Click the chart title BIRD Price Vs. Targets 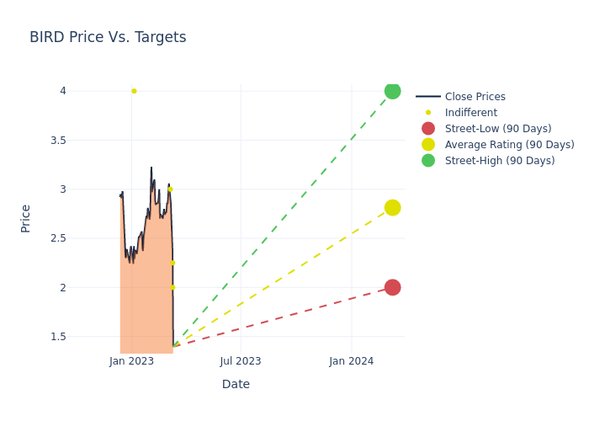pos(108,38)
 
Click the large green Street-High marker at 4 pos(392,91)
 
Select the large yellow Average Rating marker pos(392,208)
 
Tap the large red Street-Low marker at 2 pos(392,287)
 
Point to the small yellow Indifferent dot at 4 pos(134,91)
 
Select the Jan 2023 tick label pos(131,361)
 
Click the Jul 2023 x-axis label pos(241,361)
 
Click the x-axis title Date pos(236,385)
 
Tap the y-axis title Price pos(26,218)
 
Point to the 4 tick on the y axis pos(62,91)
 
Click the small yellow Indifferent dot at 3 pos(170,189)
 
